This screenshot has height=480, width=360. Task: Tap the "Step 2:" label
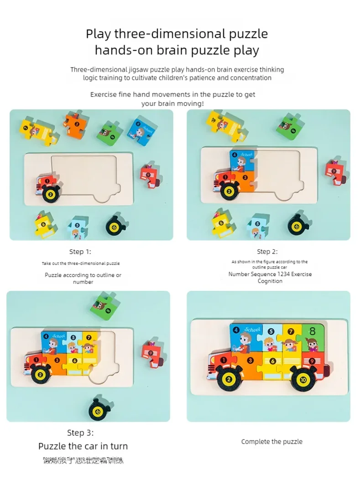point(267,252)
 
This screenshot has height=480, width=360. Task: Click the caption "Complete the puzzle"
point(271,441)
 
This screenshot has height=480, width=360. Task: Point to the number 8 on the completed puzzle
point(312,331)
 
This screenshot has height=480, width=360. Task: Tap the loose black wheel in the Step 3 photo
point(99,408)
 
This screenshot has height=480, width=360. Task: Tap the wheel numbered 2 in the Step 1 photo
point(51,194)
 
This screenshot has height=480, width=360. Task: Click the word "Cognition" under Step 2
point(270,281)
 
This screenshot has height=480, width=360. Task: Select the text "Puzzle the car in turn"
point(83,446)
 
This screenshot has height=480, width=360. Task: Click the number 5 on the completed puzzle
point(271,331)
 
